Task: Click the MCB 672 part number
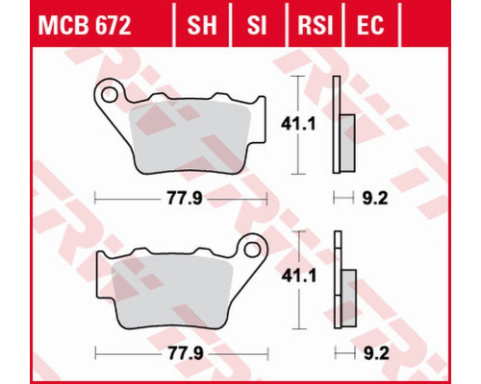click(85, 26)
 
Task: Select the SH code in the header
click(202, 26)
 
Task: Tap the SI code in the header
click(257, 26)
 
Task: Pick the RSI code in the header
click(316, 26)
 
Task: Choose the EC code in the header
click(370, 26)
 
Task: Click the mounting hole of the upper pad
click(109, 94)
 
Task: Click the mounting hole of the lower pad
click(252, 249)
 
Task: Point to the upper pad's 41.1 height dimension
click(298, 124)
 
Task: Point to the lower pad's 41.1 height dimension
click(299, 276)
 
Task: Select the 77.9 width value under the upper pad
click(185, 199)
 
